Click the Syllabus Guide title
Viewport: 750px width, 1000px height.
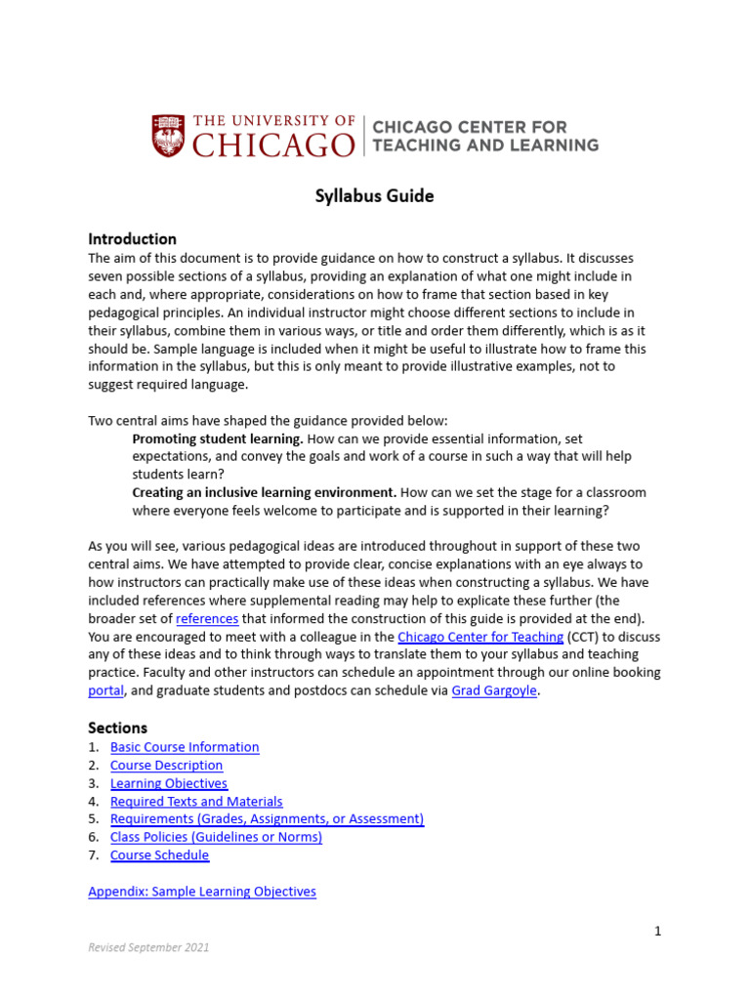point(374,196)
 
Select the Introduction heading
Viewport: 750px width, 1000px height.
point(132,239)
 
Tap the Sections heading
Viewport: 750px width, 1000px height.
point(117,728)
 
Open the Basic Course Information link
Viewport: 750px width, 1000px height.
point(185,747)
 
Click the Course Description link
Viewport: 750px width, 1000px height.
point(166,766)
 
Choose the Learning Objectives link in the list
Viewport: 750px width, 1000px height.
point(168,783)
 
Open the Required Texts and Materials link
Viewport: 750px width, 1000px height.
point(196,802)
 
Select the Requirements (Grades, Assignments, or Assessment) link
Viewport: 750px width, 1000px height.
point(267,819)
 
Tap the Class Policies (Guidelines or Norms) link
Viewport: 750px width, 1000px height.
point(216,837)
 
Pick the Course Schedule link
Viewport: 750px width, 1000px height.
point(159,855)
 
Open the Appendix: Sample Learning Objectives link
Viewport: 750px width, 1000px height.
point(202,892)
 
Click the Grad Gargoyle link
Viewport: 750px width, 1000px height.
point(494,691)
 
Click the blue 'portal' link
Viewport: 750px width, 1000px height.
point(105,691)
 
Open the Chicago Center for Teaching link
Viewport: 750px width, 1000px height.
point(480,637)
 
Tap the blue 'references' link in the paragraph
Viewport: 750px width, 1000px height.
point(207,619)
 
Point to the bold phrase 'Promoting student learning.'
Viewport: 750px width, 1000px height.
point(218,439)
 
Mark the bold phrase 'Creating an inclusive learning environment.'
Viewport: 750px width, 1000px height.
point(265,492)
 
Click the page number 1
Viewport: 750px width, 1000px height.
point(657,931)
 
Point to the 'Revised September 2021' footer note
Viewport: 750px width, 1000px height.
point(148,947)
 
